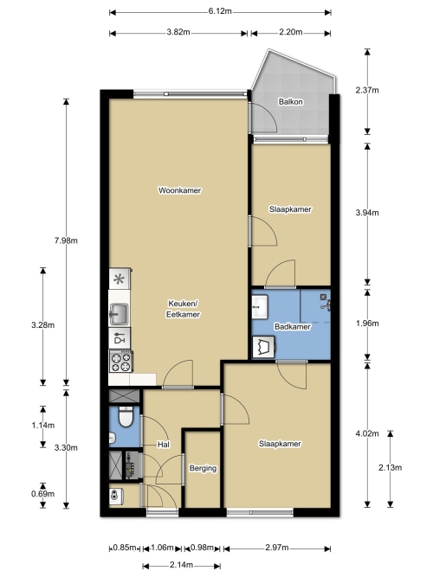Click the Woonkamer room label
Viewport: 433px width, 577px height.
pos(179,190)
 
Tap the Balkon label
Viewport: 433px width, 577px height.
pos(291,101)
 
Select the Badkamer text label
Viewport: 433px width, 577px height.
pos(292,326)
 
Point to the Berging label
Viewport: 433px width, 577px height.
pos(203,468)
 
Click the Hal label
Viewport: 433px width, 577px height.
pos(164,445)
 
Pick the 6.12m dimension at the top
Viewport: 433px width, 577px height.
pos(220,11)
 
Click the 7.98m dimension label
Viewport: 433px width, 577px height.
pos(66,240)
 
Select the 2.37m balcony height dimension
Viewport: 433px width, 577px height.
pos(367,90)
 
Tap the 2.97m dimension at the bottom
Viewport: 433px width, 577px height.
pos(277,548)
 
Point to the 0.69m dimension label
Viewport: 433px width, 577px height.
pos(42,494)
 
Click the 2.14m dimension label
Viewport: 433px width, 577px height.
pos(181,565)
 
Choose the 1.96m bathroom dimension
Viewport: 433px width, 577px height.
pos(367,324)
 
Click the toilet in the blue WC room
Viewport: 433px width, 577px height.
pos(126,417)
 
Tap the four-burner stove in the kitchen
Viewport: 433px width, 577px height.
pos(121,362)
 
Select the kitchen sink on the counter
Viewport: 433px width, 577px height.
pos(119,314)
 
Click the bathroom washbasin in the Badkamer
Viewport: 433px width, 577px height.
pos(260,306)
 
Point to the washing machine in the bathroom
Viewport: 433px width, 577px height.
pos(264,347)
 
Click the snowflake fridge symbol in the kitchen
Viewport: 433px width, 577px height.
pos(119,279)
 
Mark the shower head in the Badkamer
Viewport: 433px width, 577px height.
pos(324,296)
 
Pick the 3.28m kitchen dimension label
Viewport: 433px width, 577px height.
pos(42,325)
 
